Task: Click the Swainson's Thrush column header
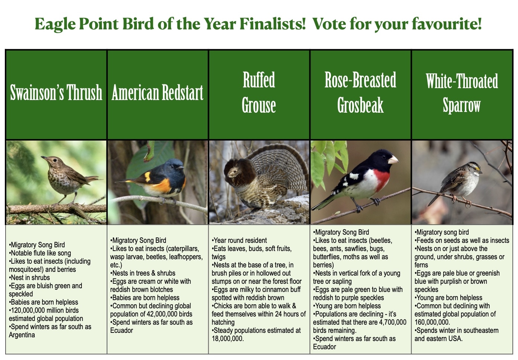click(x=56, y=92)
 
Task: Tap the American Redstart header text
click(x=157, y=92)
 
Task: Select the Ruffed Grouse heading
click(x=259, y=92)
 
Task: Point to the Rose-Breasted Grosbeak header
click(x=360, y=92)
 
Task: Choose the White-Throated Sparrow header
click(x=462, y=93)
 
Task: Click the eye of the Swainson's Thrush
click(x=55, y=160)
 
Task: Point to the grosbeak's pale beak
click(x=393, y=160)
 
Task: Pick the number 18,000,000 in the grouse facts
click(x=228, y=338)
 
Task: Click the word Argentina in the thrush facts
click(x=22, y=335)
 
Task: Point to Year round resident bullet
click(x=239, y=240)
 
